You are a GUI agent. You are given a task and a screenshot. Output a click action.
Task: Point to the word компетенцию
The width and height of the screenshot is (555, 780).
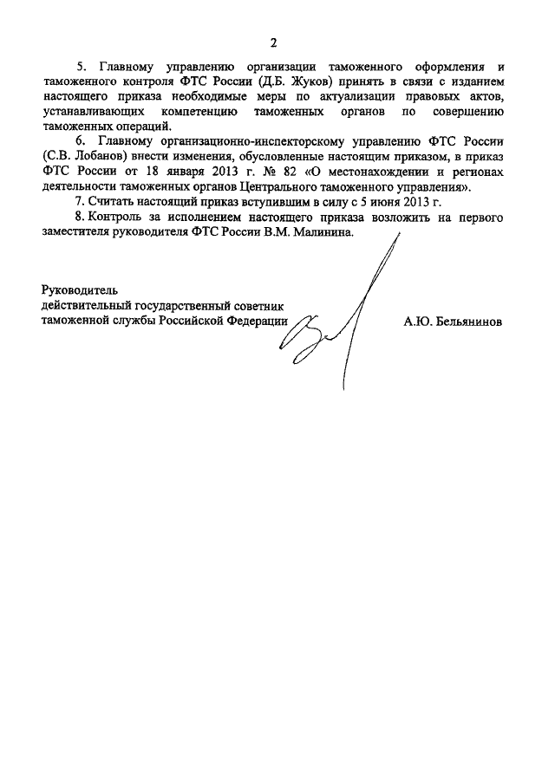click(x=195, y=112)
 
